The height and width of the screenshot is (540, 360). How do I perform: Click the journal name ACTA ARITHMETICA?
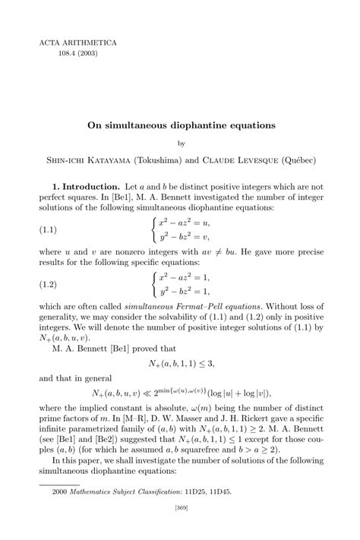tap(70, 43)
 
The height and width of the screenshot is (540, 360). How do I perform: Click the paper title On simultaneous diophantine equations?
tap(180, 123)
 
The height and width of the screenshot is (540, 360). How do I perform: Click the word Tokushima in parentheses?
tap(158, 160)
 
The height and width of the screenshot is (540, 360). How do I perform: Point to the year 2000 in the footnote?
tap(60, 491)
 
